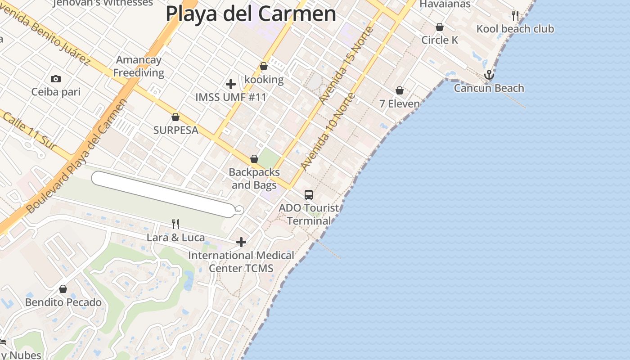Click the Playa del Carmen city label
tap(251, 13)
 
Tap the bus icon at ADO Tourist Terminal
tap(309, 195)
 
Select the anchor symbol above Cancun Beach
tap(489, 75)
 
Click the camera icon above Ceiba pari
tap(56, 79)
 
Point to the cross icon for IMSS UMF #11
tap(231, 84)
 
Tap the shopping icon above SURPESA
tap(175, 117)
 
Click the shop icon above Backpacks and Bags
tap(254, 159)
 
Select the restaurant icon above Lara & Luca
tap(175, 224)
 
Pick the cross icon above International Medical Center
tap(241, 243)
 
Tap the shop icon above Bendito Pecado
tap(63, 289)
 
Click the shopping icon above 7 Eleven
tap(400, 91)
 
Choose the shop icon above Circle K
tap(440, 27)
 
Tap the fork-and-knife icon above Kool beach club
tap(515, 16)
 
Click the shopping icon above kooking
tap(264, 67)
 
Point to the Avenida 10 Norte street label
tap(327, 131)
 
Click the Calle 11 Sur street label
tap(29, 131)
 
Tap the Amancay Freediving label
tap(139, 66)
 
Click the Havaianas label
tap(445, 4)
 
